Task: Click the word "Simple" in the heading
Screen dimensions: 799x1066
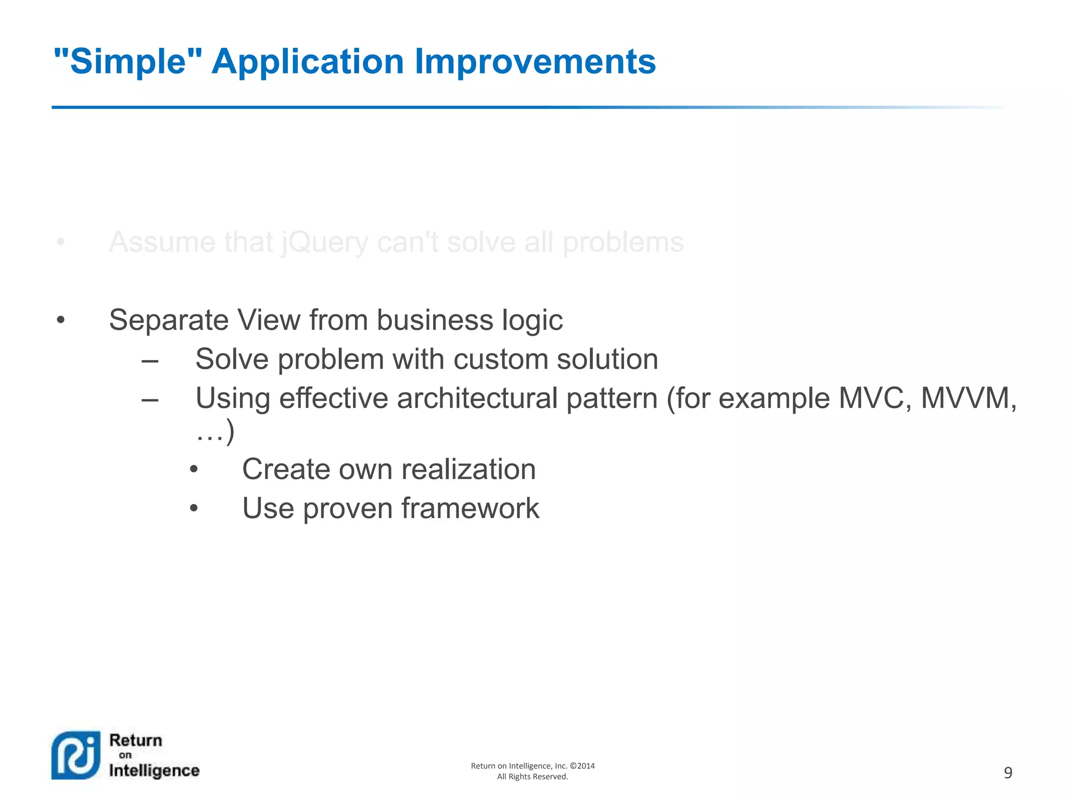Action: pos(128,62)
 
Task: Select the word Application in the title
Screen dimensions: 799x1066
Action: pos(308,62)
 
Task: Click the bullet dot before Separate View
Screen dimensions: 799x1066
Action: pos(61,320)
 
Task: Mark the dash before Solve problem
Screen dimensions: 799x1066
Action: pos(150,360)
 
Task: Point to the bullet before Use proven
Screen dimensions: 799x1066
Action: pos(194,508)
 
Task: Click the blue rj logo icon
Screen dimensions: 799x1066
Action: pos(76,755)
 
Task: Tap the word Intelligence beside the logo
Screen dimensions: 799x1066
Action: pos(154,770)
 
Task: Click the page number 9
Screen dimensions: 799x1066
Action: pos(1008,773)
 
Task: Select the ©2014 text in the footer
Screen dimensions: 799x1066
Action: pos(582,766)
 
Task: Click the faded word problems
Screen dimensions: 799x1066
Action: pos(623,243)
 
